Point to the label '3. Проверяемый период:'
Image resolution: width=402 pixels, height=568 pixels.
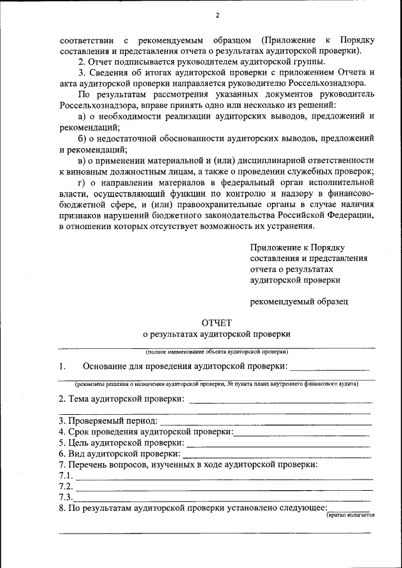(x=107, y=421)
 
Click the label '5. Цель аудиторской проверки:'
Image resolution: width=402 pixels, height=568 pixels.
(x=117, y=442)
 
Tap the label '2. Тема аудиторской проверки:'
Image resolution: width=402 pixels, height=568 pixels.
(x=121, y=399)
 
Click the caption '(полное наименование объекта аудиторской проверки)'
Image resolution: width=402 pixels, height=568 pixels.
(x=217, y=352)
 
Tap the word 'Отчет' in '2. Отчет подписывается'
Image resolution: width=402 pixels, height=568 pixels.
(x=100, y=62)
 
